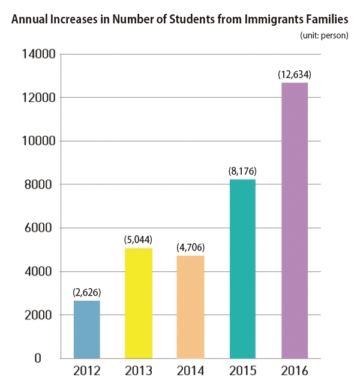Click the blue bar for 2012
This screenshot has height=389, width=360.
tap(87, 330)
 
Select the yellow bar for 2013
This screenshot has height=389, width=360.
tap(139, 303)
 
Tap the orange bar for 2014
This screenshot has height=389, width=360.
tap(190, 307)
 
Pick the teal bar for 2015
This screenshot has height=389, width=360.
tap(242, 269)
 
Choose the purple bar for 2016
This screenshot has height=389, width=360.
tap(295, 220)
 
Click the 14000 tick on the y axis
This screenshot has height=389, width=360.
tap(39, 54)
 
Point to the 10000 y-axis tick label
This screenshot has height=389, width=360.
tap(39, 141)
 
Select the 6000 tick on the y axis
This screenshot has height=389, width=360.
tap(38, 228)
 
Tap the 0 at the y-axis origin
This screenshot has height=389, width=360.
tap(38, 358)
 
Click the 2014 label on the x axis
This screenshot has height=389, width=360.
tap(190, 371)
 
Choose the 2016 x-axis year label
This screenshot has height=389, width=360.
tap(295, 371)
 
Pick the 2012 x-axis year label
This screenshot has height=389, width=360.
tap(87, 371)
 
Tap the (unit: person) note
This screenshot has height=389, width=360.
tap(324, 36)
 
